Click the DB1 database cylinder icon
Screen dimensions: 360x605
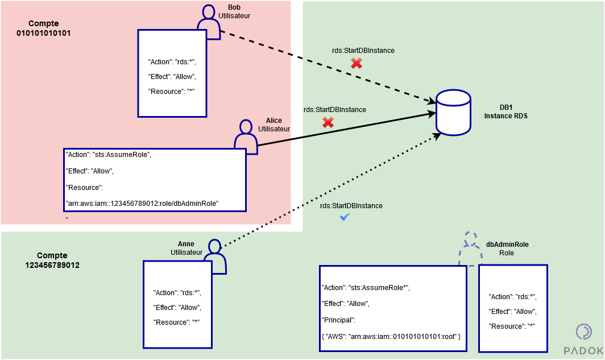[x=453, y=113]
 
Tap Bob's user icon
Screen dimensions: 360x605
[x=208, y=24]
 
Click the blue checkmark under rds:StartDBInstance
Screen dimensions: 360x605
[x=344, y=217]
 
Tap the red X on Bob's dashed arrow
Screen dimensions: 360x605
[x=357, y=63]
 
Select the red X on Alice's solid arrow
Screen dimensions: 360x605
[x=328, y=122]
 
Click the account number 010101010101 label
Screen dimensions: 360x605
[x=43, y=33]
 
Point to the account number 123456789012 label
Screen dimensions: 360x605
[x=52, y=265]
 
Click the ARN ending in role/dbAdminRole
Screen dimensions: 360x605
[x=143, y=203]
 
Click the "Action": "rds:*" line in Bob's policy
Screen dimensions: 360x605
[x=172, y=62]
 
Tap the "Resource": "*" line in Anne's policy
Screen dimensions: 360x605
[x=176, y=322]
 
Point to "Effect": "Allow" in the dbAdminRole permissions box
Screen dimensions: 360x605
[x=512, y=312]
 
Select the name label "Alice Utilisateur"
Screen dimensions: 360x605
[x=274, y=125]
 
